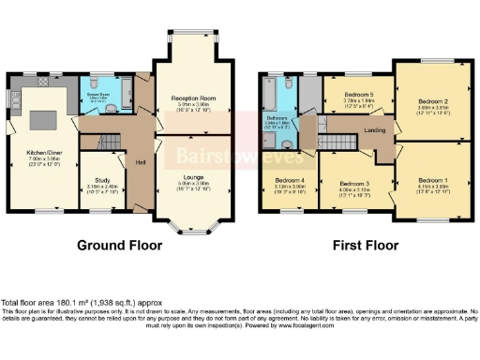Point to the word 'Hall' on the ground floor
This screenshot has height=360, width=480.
point(140,160)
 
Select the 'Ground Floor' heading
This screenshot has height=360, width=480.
point(119,247)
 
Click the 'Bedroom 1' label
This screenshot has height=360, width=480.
point(432,179)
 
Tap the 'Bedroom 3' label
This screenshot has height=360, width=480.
point(355,183)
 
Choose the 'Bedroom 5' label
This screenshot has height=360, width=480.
point(357,95)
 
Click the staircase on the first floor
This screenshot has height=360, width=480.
point(331,140)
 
